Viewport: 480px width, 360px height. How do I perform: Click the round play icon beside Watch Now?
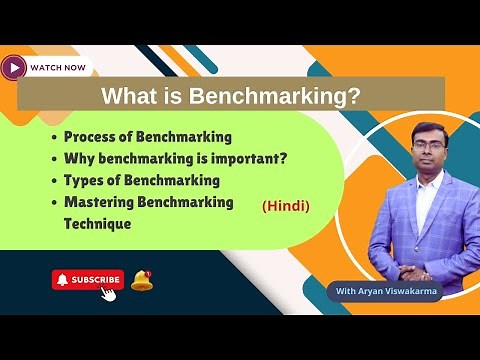coord(14,67)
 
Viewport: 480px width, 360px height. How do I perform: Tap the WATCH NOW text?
coord(57,68)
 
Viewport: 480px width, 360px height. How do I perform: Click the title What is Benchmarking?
coord(231,97)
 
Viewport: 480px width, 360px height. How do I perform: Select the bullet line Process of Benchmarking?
coord(148,137)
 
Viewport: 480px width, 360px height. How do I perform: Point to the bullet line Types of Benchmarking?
coord(141,180)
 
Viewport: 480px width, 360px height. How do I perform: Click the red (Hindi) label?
coord(286,206)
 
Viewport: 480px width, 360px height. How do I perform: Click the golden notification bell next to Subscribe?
coord(141,280)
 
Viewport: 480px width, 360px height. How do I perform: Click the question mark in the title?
coord(354,97)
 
